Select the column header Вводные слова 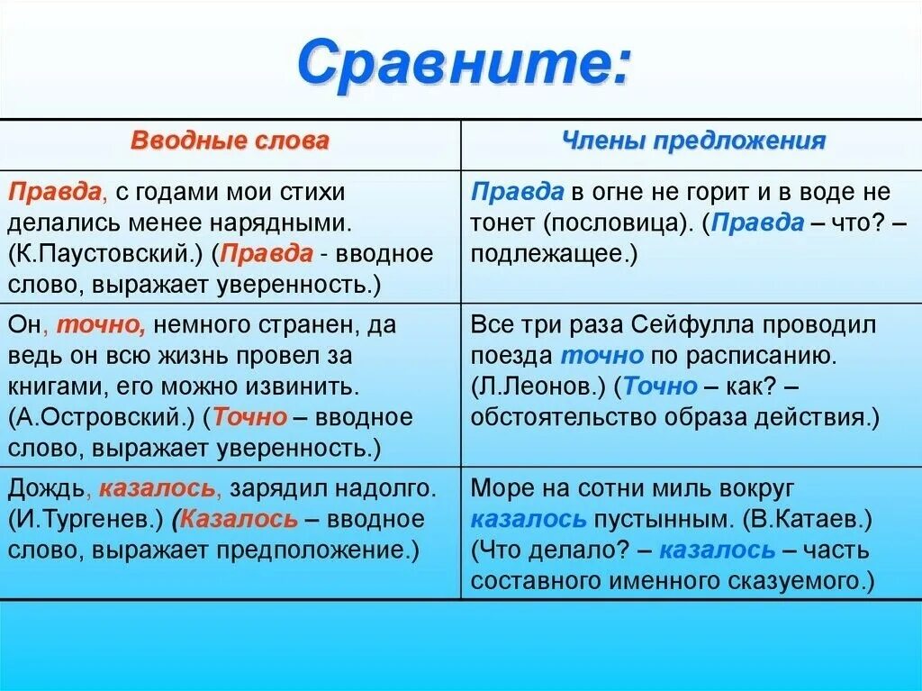pos(230,141)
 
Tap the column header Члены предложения pos(693,141)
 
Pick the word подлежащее pos(549,254)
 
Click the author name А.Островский pos(102,417)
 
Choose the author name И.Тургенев pos(87,520)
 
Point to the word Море pos(502,489)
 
